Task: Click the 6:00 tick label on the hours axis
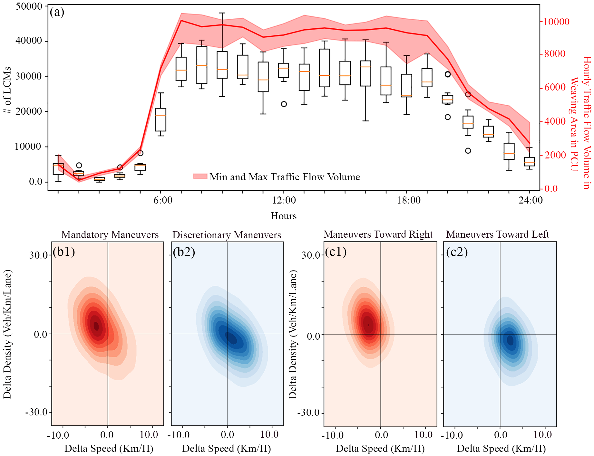tap(163, 200)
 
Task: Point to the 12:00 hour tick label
tap(284, 200)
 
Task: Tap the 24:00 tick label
tap(530, 200)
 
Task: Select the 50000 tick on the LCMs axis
tap(29, 6)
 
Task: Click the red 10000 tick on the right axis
tap(556, 22)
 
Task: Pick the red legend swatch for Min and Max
tap(200, 176)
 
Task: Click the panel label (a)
tap(57, 12)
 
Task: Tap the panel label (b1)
tap(64, 252)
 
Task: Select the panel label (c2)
tap(457, 252)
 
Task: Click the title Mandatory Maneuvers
tap(110, 234)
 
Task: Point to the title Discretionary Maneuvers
tap(227, 235)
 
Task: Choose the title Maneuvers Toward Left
tap(497, 234)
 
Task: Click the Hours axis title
tap(283, 216)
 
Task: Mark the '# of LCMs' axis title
tap(7, 90)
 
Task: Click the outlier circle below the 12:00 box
tap(284, 104)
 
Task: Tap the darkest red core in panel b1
tap(96, 326)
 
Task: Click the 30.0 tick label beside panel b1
tap(38, 255)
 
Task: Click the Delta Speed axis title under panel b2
tap(226, 449)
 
